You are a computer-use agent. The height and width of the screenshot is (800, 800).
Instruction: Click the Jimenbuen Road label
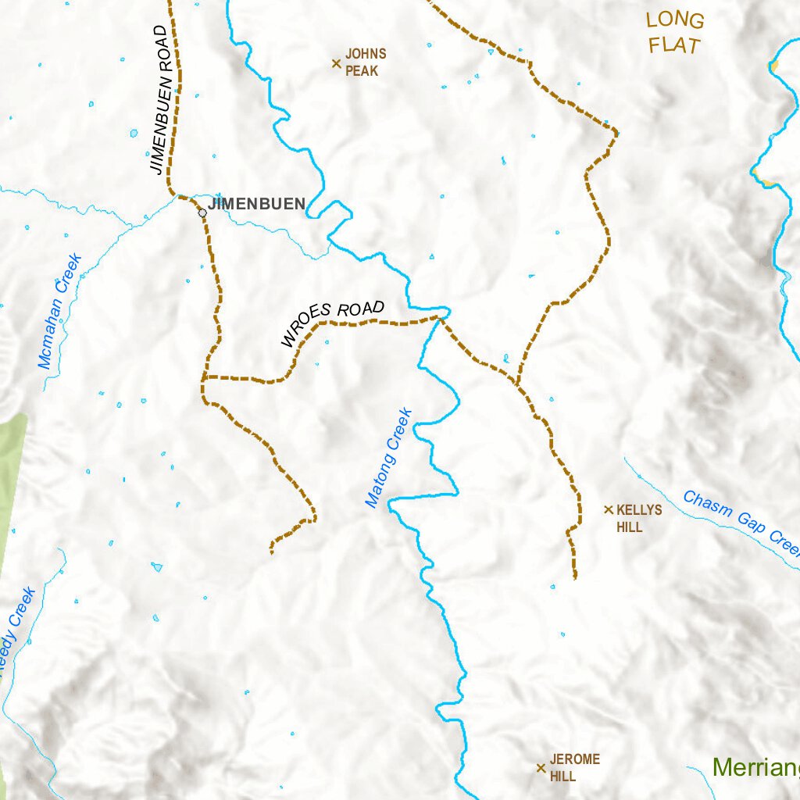(x=159, y=99)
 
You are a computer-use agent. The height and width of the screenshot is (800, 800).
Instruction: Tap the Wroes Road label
(x=333, y=323)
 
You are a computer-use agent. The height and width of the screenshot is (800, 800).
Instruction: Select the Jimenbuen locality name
(x=256, y=204)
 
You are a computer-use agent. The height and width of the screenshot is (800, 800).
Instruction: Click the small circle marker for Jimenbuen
(x=202, y=212)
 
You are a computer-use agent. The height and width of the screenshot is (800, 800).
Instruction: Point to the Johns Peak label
(x=365, y=62)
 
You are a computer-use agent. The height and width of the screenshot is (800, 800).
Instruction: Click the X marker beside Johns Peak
(x=337, y=63)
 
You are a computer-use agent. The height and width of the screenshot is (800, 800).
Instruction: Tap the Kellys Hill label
(x=638, y=518)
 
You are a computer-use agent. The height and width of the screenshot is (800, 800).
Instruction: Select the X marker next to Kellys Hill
(x=609, y=509)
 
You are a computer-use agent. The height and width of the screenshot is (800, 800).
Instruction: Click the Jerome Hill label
(x=573, y=767)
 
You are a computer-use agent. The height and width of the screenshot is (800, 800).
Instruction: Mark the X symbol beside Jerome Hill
(x=541, y=768)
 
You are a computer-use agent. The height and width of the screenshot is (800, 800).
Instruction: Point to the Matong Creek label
(x=388, y=458)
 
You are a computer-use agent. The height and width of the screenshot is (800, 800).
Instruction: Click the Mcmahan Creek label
(x=60, y=311)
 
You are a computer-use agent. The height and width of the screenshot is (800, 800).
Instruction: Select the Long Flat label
(x=675, y=33)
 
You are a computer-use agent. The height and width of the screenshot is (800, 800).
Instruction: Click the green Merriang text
(x=755, y=767)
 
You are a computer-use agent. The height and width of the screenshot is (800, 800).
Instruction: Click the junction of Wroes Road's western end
(x=203, y=379)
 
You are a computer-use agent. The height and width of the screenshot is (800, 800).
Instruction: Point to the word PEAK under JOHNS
(x=362, y=71)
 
